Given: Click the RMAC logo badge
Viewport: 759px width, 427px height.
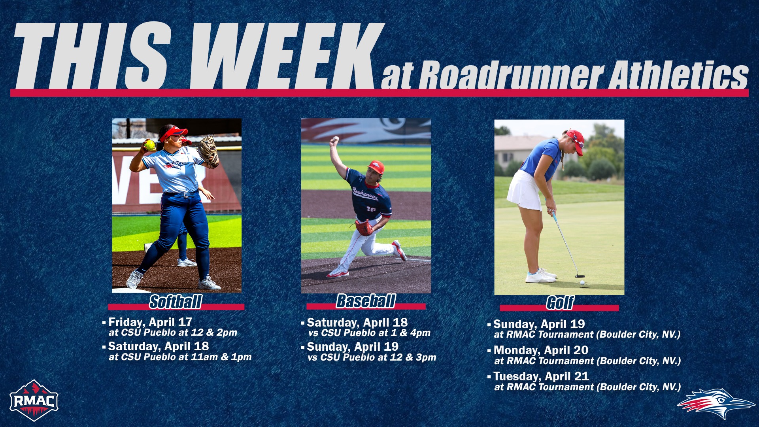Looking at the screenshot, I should click(34, 401).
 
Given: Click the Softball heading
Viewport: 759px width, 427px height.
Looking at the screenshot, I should click(176, 302).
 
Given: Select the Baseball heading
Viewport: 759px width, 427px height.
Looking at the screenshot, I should click(366, 301).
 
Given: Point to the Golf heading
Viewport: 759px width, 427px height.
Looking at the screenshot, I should click(560, 303).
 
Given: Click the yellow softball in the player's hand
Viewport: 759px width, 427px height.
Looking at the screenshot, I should click(149, 145).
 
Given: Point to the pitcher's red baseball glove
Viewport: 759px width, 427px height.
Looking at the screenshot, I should click(363, 227).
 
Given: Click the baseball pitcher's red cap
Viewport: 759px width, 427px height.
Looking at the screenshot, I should click(376, 167).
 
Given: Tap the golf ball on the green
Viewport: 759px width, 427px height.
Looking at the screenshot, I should click(582, 282).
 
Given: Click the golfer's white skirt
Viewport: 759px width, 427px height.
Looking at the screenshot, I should click(524, 191).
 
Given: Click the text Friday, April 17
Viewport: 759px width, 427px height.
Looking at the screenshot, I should click(150, 322).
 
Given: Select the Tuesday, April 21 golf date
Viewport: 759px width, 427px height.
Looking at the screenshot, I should click(541, 376).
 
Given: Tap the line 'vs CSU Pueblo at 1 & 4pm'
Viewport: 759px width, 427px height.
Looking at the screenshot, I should click(369, 333).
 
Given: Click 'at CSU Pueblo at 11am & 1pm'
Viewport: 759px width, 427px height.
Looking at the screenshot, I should click(180, 357).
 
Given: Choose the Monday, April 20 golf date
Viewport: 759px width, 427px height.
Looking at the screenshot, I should click(541, 350).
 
